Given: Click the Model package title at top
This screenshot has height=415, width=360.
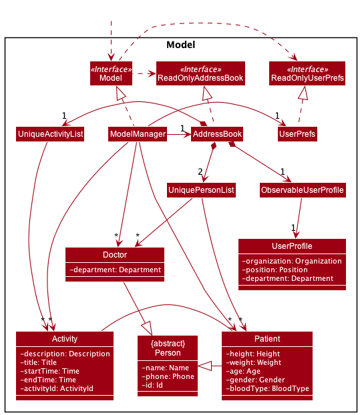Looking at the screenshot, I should point(180,45).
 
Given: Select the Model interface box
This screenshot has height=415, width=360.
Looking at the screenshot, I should point(111,73).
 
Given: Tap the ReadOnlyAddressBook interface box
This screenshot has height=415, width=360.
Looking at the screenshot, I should point(200,73).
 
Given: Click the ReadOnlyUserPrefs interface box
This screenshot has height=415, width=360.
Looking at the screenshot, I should point(307,73).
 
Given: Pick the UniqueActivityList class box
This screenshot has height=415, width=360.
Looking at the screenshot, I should point(51,134).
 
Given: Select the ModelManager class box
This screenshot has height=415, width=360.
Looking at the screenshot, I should point(138,134).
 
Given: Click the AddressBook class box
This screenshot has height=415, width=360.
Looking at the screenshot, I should point(216,134).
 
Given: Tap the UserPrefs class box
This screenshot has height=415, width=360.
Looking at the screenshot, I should point(297,134).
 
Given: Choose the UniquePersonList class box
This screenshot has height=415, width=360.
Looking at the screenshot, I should point(201,190).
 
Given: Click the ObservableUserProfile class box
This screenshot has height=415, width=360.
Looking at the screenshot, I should point(303,190).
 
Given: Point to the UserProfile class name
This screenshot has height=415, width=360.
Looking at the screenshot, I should point(292,246).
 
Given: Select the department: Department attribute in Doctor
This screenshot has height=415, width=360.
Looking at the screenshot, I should point(115,270).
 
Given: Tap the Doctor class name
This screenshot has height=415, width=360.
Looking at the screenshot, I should point(115,255).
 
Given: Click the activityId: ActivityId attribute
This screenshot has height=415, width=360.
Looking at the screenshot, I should point(57,388).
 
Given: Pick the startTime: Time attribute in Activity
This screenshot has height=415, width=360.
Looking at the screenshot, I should point(50,371).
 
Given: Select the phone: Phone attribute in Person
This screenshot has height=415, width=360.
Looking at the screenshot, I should point(168,376).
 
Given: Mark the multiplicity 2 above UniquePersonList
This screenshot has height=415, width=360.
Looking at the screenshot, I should point(200,171).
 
